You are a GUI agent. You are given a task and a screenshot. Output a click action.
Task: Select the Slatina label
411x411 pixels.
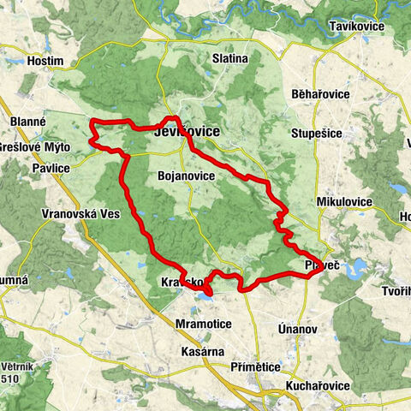(229, 58)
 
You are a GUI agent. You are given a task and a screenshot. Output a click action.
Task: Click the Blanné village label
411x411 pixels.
(28, 122)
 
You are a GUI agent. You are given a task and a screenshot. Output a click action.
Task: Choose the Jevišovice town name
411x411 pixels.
(186, 133)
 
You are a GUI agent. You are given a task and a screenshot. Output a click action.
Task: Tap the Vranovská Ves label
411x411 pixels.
(81, 213)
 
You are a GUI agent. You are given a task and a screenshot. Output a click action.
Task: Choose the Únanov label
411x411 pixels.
(298, 329)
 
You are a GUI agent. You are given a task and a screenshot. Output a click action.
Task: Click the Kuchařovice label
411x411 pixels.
(318, 386)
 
